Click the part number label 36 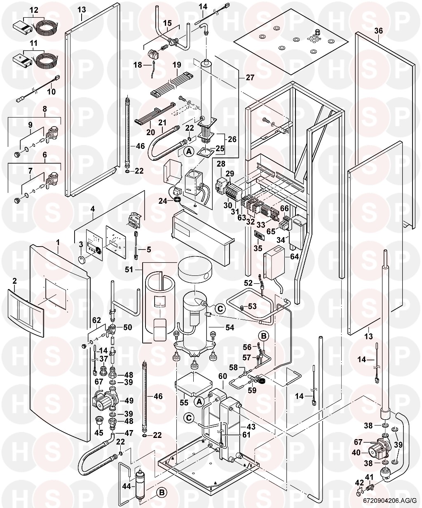(379, 30)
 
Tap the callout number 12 (33, 9)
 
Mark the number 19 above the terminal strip (177, 65)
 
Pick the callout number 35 (258, 248)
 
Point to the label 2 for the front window (14, 281)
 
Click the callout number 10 (51, 91)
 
